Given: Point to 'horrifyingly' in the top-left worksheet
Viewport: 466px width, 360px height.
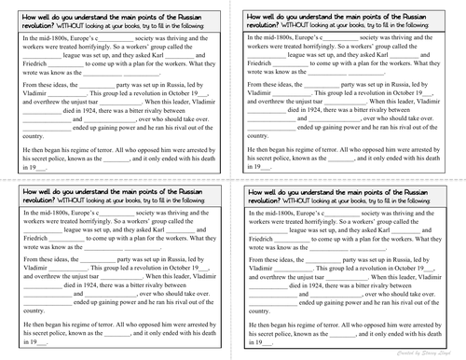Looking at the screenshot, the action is (x=103, y=44).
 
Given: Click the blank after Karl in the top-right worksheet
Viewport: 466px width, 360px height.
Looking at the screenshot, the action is (x=431, y=54).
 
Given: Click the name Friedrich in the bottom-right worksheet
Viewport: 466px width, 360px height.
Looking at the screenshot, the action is (x=262, y=242).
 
